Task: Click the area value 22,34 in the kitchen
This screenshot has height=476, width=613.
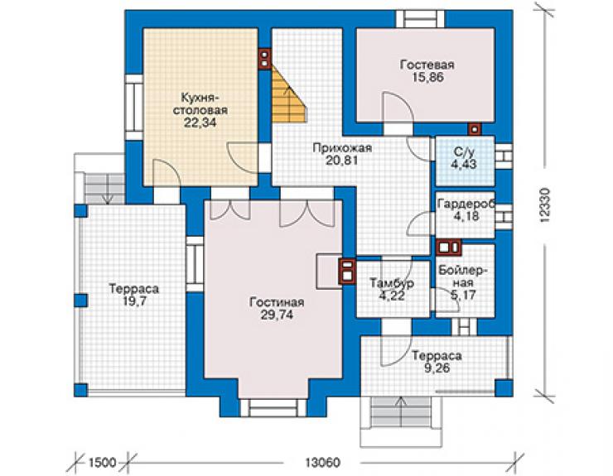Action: coord(200,123)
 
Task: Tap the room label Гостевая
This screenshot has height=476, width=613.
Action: coord(427,65)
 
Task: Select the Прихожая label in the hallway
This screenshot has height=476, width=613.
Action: coord(342,148)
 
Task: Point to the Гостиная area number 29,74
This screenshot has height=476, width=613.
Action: coord(277,315)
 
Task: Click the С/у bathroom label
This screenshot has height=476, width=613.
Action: coord(464,151)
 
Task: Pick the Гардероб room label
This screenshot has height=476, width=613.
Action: coord(466,204)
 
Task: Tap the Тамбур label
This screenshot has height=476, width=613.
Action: coord(392,282)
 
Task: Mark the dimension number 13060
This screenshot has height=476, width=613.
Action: coord(322,463)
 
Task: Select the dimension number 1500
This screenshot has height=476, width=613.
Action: coord(103,463)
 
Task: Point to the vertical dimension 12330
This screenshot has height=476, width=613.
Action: coord(545,206)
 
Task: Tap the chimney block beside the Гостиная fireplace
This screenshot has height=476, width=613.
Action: coord(347,272)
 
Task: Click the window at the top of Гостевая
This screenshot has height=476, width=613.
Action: coord(420,19)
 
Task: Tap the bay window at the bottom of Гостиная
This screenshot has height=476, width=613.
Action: coord(273,408)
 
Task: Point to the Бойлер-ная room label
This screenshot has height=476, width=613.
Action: coord(463,276)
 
